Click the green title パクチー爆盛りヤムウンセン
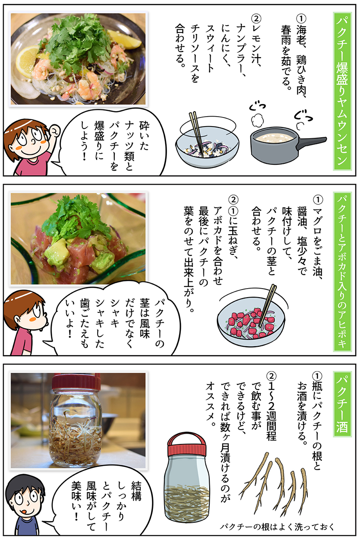342,90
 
